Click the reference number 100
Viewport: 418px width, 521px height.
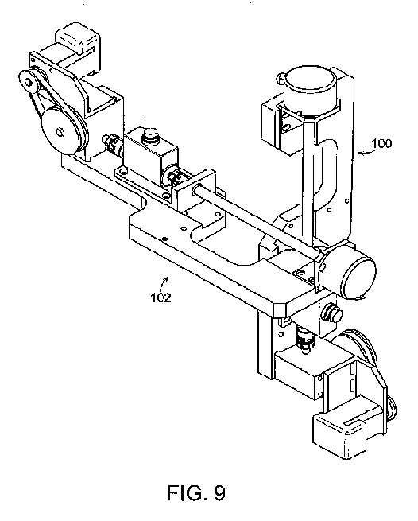tap(381, 143)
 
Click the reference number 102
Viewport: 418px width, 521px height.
tap(161, 297)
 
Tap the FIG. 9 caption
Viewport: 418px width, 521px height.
tap(196, 492)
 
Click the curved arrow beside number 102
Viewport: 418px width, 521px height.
tap(164, 282)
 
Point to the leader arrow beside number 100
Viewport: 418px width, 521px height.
tap(364, 153)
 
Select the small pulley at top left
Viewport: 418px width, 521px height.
tap(29, 81)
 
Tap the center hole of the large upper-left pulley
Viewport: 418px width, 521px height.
tap(60, 132)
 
